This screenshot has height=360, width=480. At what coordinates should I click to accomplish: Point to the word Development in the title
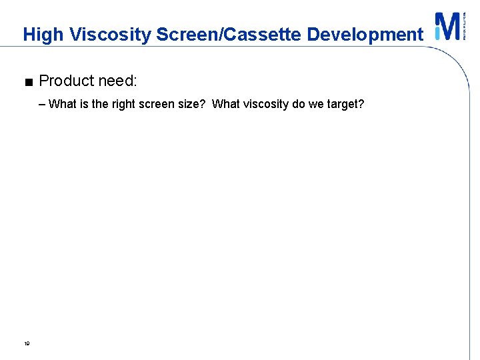[365, 35]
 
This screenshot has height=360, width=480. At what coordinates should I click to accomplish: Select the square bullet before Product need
[27, 83]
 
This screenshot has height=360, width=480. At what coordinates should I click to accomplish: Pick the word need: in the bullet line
[117, 81]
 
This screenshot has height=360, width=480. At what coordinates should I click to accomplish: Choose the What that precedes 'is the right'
[63, 104]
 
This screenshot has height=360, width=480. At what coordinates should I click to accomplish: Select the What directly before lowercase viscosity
[225, 104]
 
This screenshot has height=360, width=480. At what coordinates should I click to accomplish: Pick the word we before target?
[317, 105]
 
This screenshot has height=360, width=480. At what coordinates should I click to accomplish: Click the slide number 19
[27, 344]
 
